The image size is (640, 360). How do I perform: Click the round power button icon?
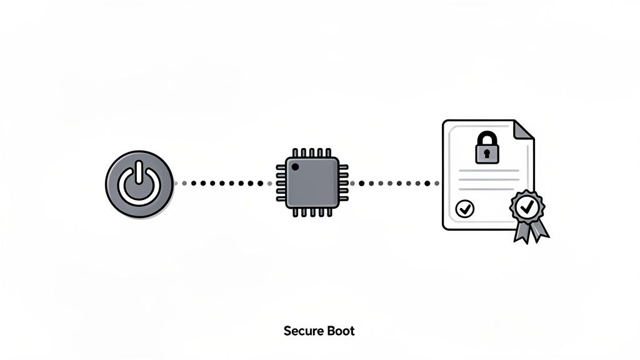[x=139, y=184]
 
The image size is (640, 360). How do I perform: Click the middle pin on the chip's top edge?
[x=312, y=152]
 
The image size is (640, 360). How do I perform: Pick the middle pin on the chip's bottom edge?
[x=312, y=213]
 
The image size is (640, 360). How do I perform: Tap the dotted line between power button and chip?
[x=221, y=184]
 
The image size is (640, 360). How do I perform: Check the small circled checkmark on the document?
[x=464, y=209]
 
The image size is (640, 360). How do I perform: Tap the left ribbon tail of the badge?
[x=520, y=232]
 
